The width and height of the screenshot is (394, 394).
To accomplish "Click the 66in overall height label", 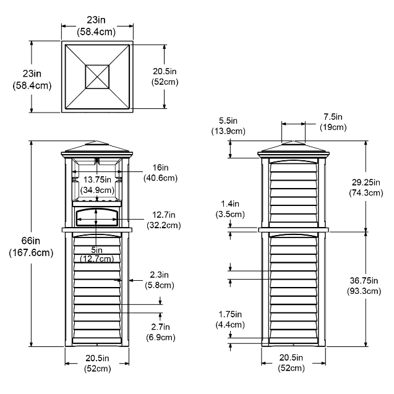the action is (31, 247).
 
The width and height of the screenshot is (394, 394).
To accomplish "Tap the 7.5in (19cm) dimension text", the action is (333, 122).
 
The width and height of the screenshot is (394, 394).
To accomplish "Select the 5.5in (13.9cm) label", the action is (228, 126).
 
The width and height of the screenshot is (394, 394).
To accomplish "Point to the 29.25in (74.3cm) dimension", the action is (366, 187).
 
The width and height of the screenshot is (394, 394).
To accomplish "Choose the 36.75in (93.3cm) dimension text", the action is (364, 286).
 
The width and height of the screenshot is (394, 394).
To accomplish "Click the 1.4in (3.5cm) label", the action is (230, 209).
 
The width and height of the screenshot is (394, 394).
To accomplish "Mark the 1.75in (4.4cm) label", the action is (230, 319).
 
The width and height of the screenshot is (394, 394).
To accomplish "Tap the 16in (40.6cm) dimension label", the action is (161, 173).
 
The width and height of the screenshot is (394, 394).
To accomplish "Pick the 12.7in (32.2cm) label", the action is (163, 220).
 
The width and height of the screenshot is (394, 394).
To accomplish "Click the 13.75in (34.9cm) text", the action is (97, 185).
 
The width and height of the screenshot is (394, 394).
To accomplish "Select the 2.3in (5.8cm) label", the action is (160, 280).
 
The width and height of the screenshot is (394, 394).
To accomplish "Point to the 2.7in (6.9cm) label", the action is (161, 332).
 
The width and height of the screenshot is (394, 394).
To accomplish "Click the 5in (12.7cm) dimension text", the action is (96, 254).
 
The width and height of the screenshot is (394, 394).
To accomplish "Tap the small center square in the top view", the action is (97, 77).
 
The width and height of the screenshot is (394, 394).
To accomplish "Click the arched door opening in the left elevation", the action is (96, 218).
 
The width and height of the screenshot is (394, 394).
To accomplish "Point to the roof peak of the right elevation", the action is (293, 141).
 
